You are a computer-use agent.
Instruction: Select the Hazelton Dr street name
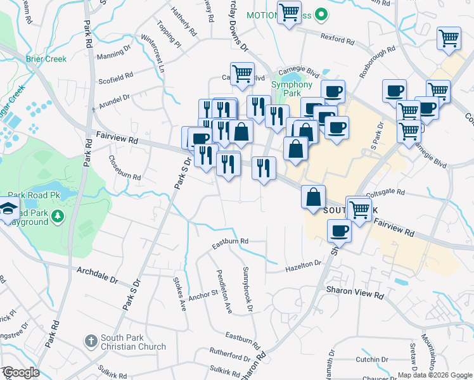(x=304, y=267)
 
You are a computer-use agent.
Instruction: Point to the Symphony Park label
(x=292, y=89)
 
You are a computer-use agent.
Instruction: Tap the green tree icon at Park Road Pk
(x=58, y=217)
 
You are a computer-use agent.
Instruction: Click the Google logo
(x=20, y=372)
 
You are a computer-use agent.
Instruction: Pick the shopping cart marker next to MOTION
(x=289, y=12)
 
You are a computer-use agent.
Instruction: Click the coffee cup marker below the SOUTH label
(x=340, y=231)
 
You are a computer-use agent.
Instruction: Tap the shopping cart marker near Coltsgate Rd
(x=359, y=208)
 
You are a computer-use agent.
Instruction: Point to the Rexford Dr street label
(x=336, y=38)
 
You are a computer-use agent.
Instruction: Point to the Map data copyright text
(x=434, y=374)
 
